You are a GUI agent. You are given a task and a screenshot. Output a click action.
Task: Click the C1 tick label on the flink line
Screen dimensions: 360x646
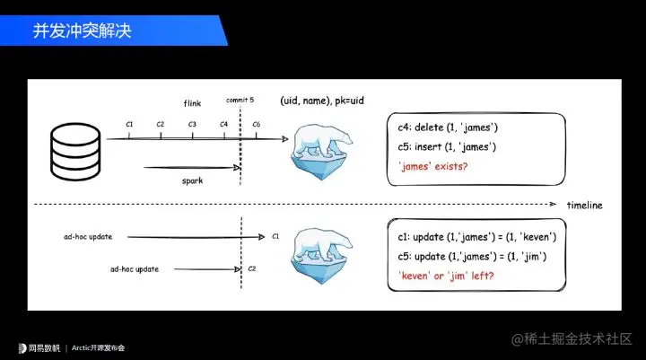[x=129, y=124]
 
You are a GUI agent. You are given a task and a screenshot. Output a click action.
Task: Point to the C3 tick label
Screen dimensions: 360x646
[x=192, y=124]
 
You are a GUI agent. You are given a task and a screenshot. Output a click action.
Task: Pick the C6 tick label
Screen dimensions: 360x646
[x=257, y=124]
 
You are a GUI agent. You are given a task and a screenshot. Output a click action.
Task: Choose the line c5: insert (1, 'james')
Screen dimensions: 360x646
[x=446, y=146]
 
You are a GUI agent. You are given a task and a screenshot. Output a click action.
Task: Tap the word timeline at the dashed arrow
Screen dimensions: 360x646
[x=584, y=206]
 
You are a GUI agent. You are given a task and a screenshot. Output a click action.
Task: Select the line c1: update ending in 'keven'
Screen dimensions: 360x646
[x=476, y=237]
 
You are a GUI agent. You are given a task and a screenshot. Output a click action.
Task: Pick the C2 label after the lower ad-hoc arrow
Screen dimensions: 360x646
[x=252, y=268]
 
